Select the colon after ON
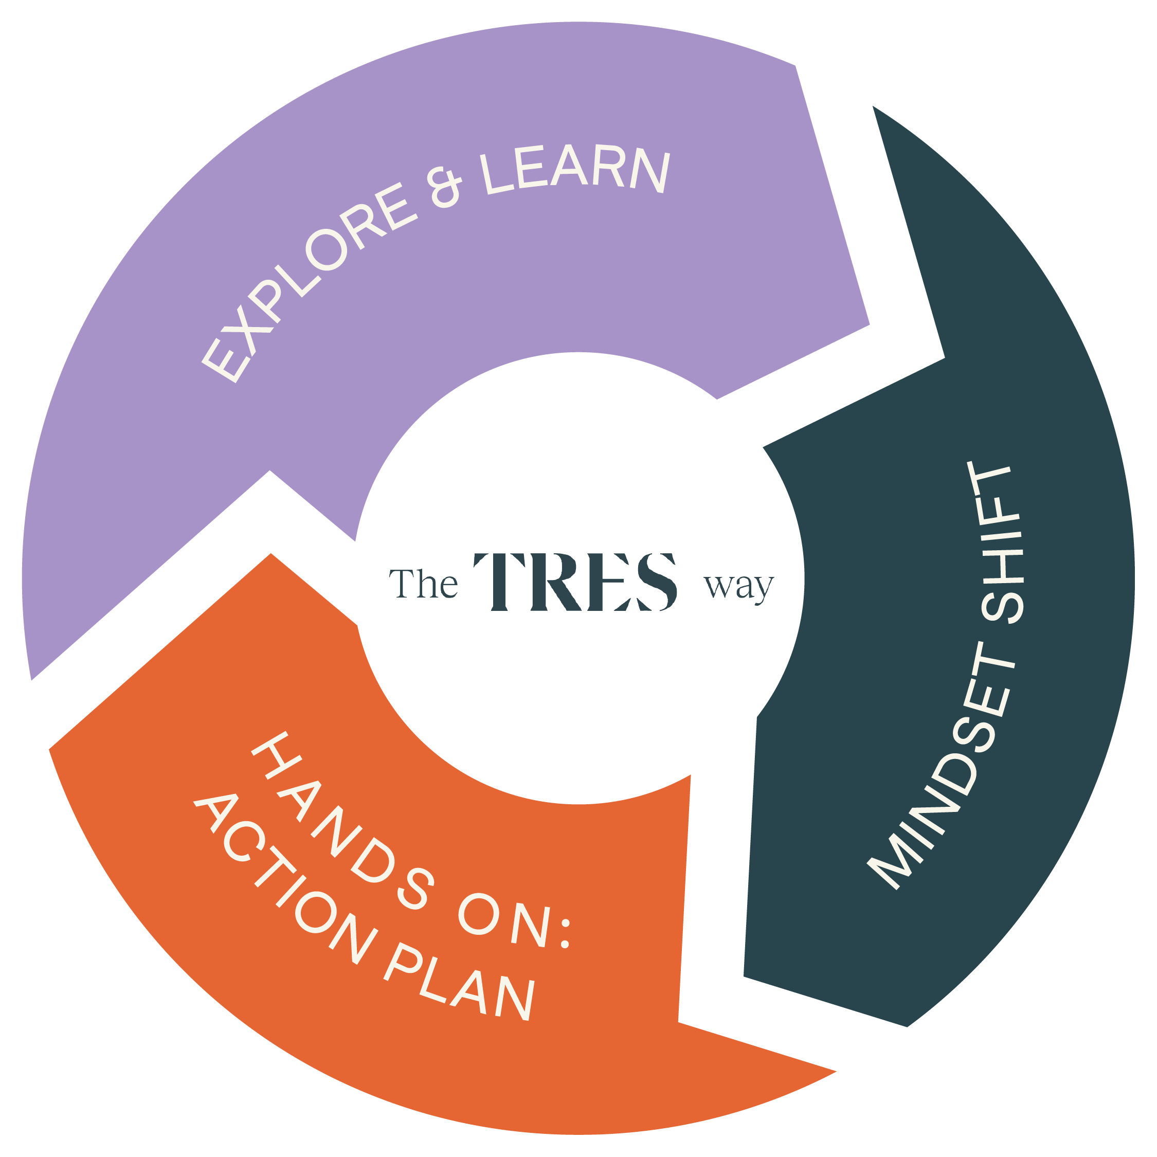pos(563,935)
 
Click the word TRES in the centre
pos(575,582)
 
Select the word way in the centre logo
pos(739,587)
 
